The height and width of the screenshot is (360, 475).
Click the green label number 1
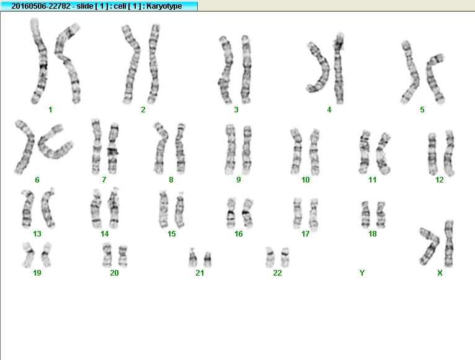(x=50, y=110)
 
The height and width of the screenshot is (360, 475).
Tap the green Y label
(x=362, y=273)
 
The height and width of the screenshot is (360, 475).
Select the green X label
(x=440, y=273)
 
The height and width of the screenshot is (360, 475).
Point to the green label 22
(x=277, y=273)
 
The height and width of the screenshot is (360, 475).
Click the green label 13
(x=37, y=234)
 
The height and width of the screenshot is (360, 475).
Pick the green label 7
(x=104, y=180)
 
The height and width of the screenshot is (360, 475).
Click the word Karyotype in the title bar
(x=164, y=6)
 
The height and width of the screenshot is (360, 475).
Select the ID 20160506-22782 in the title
(x=41, y=6)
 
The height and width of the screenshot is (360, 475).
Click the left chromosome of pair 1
(x=40, y=61)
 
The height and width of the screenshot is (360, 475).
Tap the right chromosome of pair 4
(x=339, y=68)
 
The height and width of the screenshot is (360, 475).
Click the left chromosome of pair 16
(x=231, y=213)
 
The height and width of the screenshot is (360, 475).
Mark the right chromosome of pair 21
(x=208, y=259)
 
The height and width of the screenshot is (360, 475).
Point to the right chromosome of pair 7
(x=113, y=148)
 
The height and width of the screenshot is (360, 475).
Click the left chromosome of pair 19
(x=28, y=254)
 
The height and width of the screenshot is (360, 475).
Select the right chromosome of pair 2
(x=154, y=64)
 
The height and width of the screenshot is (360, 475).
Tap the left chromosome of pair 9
(x=230, y=149)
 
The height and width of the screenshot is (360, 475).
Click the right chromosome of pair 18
(x=381, y=214)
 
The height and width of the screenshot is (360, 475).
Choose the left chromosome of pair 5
(x=411, y=73)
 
